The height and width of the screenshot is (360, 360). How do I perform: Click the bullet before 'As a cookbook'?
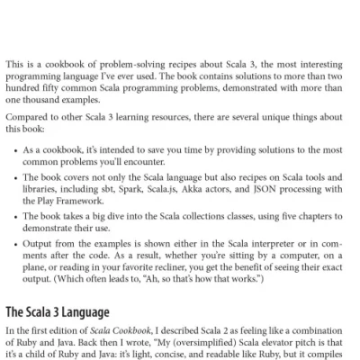[16, 147]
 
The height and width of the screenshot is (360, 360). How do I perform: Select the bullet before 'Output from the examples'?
[16, 243]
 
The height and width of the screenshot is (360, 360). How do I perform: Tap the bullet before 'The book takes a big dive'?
[16, 217]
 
